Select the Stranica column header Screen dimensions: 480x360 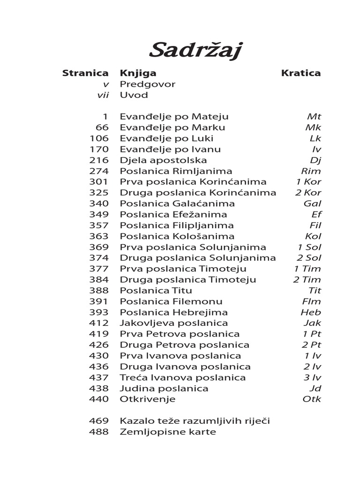85,73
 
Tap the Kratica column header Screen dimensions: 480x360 301,73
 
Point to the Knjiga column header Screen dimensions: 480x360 138,73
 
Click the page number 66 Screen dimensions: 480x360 101,127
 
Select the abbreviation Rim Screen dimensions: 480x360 311,171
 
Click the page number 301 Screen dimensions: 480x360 98,182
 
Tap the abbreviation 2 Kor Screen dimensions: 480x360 308,193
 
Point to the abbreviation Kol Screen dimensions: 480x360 313,236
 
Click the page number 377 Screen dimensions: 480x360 98,269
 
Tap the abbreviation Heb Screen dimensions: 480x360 311,312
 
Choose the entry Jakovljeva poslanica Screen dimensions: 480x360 174,323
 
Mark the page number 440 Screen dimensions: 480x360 98,399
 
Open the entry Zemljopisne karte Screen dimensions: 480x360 168,432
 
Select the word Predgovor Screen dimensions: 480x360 148,84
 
